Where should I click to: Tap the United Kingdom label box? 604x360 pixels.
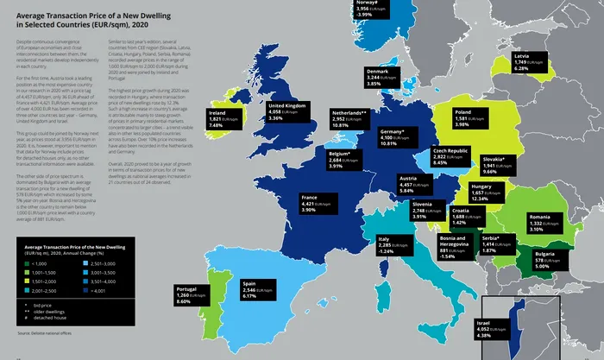tap(286, 111)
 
